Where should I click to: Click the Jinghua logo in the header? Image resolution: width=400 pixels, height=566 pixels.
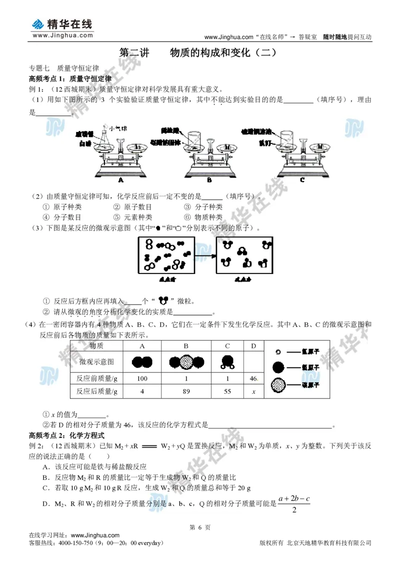click(x=62, y=27)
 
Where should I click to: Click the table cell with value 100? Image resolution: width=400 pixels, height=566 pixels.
click(x=142, y=378)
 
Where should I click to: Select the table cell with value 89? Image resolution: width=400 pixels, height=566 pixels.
click(x=186, y=391)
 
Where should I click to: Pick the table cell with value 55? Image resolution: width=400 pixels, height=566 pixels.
click(x=227, y=391)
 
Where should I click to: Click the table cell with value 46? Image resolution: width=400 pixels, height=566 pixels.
click(x=253, y=378)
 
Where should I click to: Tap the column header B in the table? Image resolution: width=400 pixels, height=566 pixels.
click(x=186, y=346)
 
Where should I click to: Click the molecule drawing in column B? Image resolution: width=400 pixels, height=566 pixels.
click(x=186, y=361)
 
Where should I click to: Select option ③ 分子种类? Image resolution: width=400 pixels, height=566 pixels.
click(x=203, y=207)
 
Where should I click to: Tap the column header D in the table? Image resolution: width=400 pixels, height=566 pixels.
click(x=253, y=346)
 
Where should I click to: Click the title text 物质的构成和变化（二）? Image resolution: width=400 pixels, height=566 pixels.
click(x=223, y=52)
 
